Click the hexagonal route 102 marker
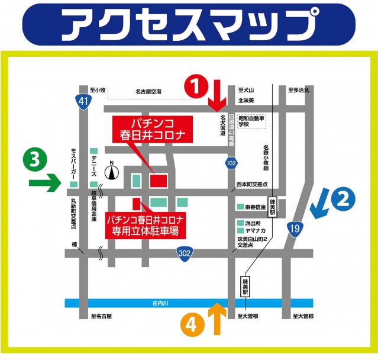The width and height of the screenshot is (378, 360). coord(231,162)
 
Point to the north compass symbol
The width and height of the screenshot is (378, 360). coord(111,172)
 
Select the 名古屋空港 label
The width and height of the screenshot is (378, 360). coord(152,91)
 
